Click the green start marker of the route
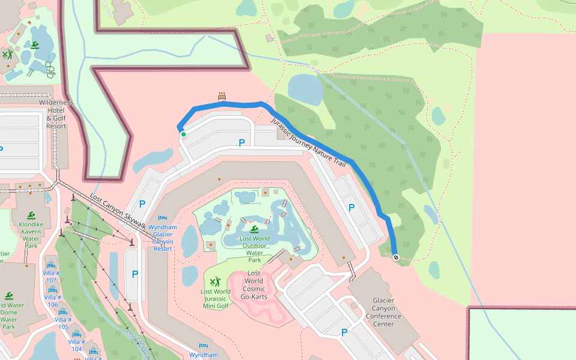pyautogui.click(x=184, y=134)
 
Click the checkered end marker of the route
pyautogui.click(x=396, y=257)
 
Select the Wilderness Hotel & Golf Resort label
pyautogui.click(x=56, y=114)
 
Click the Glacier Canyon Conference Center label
pyautogui.click(x=383, y=312)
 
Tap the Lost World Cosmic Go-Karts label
pyautogui.click(x=254, y=285)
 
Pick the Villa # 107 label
pyautogui.click(x=51, y=276)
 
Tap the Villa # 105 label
pyautogui.click(x=63, y=322)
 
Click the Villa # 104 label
pyautogui.click(x=76, y=345)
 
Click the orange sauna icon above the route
pyautogui.click(x=222, y=95)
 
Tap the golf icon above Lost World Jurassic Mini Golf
pyautogui.click(x=216, y=281)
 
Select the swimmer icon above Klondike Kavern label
pyautogui.click(x=31, y=215)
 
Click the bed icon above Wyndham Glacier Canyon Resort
pyautogui.click(x=161, y=218)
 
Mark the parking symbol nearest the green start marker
pyautogui.click(x=242, y=143)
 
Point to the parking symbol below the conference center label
pyautogui.click(x=344, y=332)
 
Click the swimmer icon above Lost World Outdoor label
pyautogui.click(x=254, y=229)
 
